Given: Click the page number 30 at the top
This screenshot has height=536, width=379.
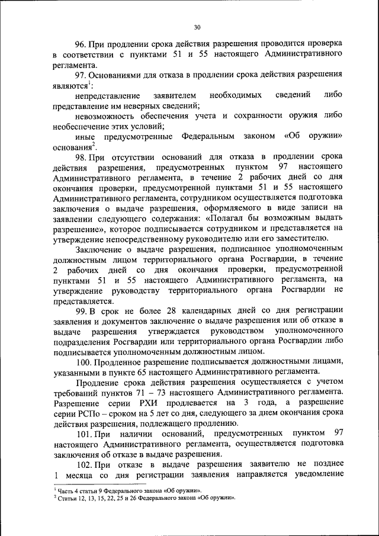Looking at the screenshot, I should click(x=197, y=27).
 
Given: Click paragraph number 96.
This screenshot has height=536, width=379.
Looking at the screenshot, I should click(x=81, y=44).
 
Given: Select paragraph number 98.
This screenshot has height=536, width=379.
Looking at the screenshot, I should click(x=81, y=156).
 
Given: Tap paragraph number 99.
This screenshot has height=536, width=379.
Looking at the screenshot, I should click(x=81, y=310).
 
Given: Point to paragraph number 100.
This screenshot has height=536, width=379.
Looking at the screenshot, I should click(x=83, y=361).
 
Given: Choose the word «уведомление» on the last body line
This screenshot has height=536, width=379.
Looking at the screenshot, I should click(x=319, y=474).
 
